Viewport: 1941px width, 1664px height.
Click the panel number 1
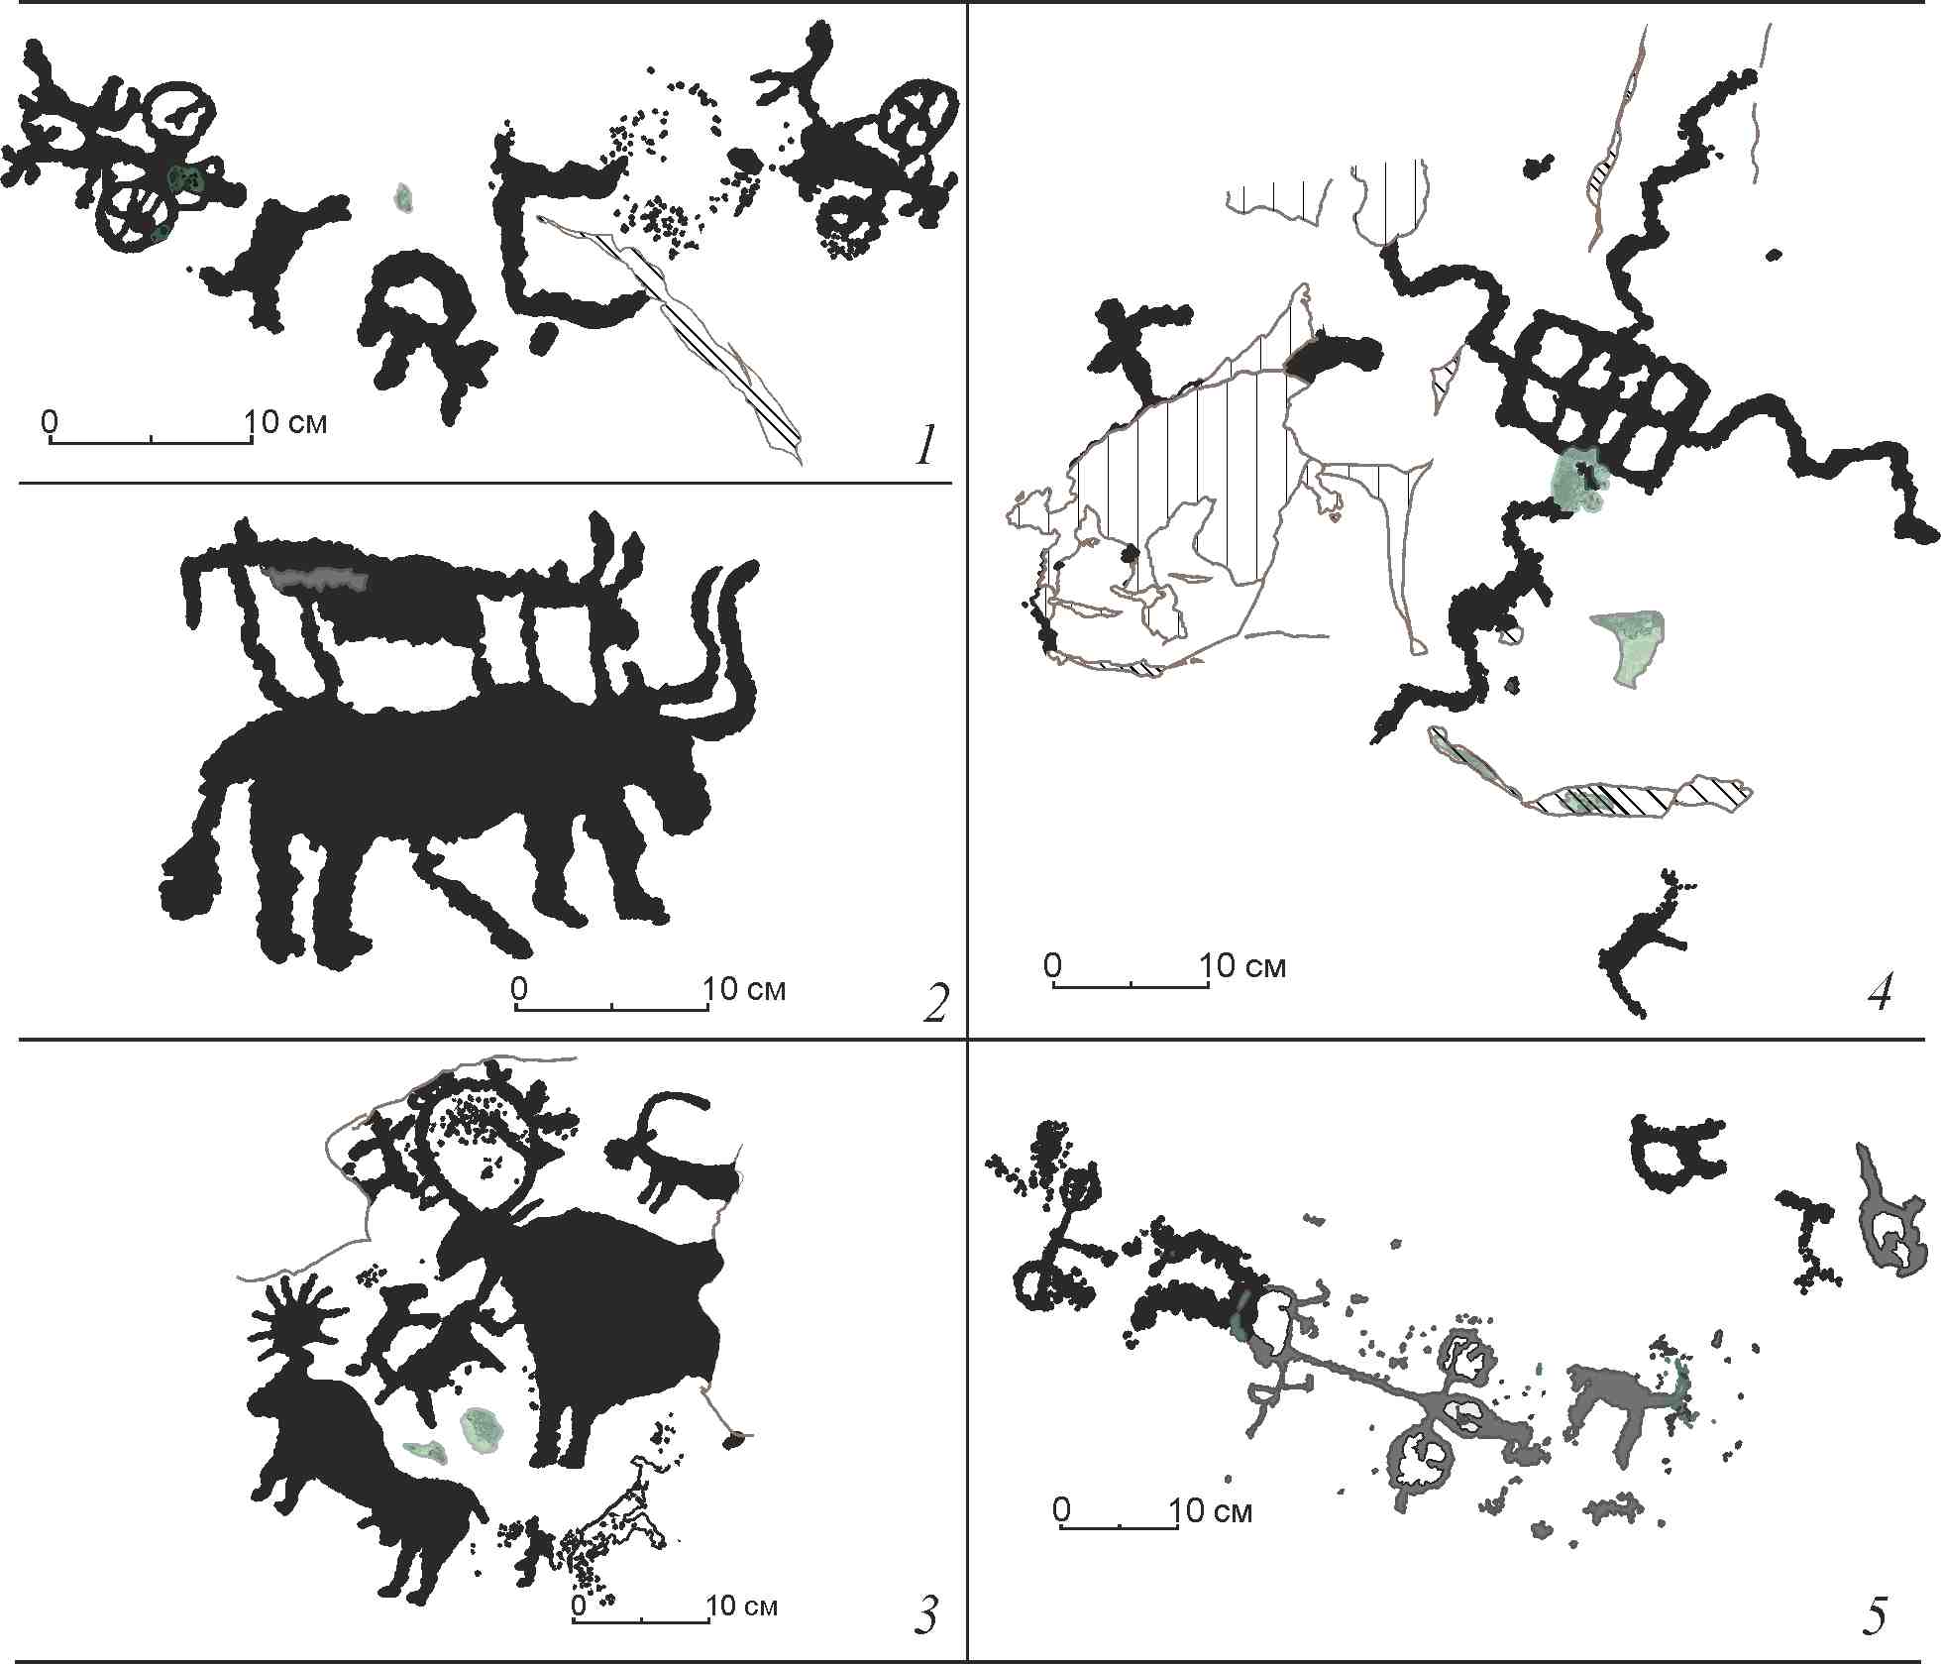point(925,446)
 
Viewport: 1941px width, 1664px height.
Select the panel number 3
point(925,1614)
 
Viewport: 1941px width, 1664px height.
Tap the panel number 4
point(1880,992)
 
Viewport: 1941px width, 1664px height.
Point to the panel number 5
point(1874,1616)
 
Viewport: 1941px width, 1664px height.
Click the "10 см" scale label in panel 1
point(286,422)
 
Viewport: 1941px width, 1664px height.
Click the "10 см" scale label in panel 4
point(1243,965)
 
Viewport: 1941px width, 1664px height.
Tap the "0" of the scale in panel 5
point(1061,1509)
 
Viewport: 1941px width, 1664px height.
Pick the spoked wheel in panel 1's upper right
point(920,117)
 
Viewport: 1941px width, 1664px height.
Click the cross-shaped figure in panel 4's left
point(1134,347)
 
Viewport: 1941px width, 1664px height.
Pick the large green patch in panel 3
point(484,1429)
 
